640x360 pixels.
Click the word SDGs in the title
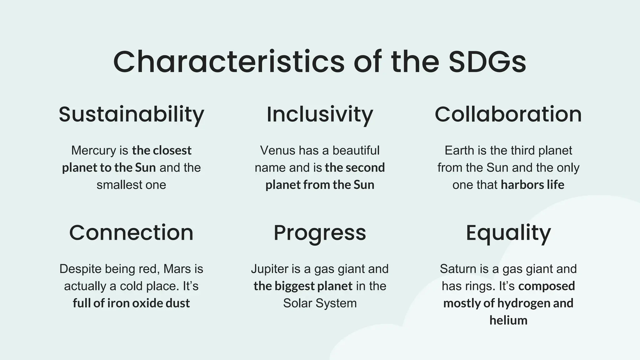487,62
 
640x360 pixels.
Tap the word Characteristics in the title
229,62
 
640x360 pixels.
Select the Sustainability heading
131,114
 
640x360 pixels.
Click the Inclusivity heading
320,114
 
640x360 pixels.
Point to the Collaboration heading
508,114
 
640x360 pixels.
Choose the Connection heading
131,233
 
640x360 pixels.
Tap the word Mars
177,269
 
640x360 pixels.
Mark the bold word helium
508,320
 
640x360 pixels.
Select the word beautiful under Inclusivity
356,151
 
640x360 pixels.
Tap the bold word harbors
522,185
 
